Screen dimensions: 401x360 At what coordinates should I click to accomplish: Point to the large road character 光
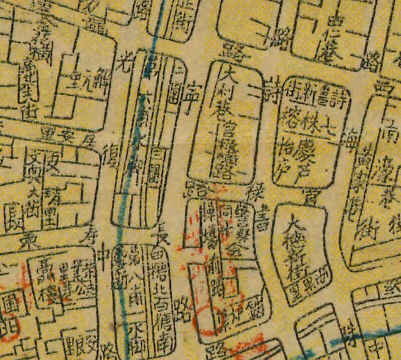(123, 63)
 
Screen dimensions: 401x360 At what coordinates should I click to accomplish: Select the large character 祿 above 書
(251, 193)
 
